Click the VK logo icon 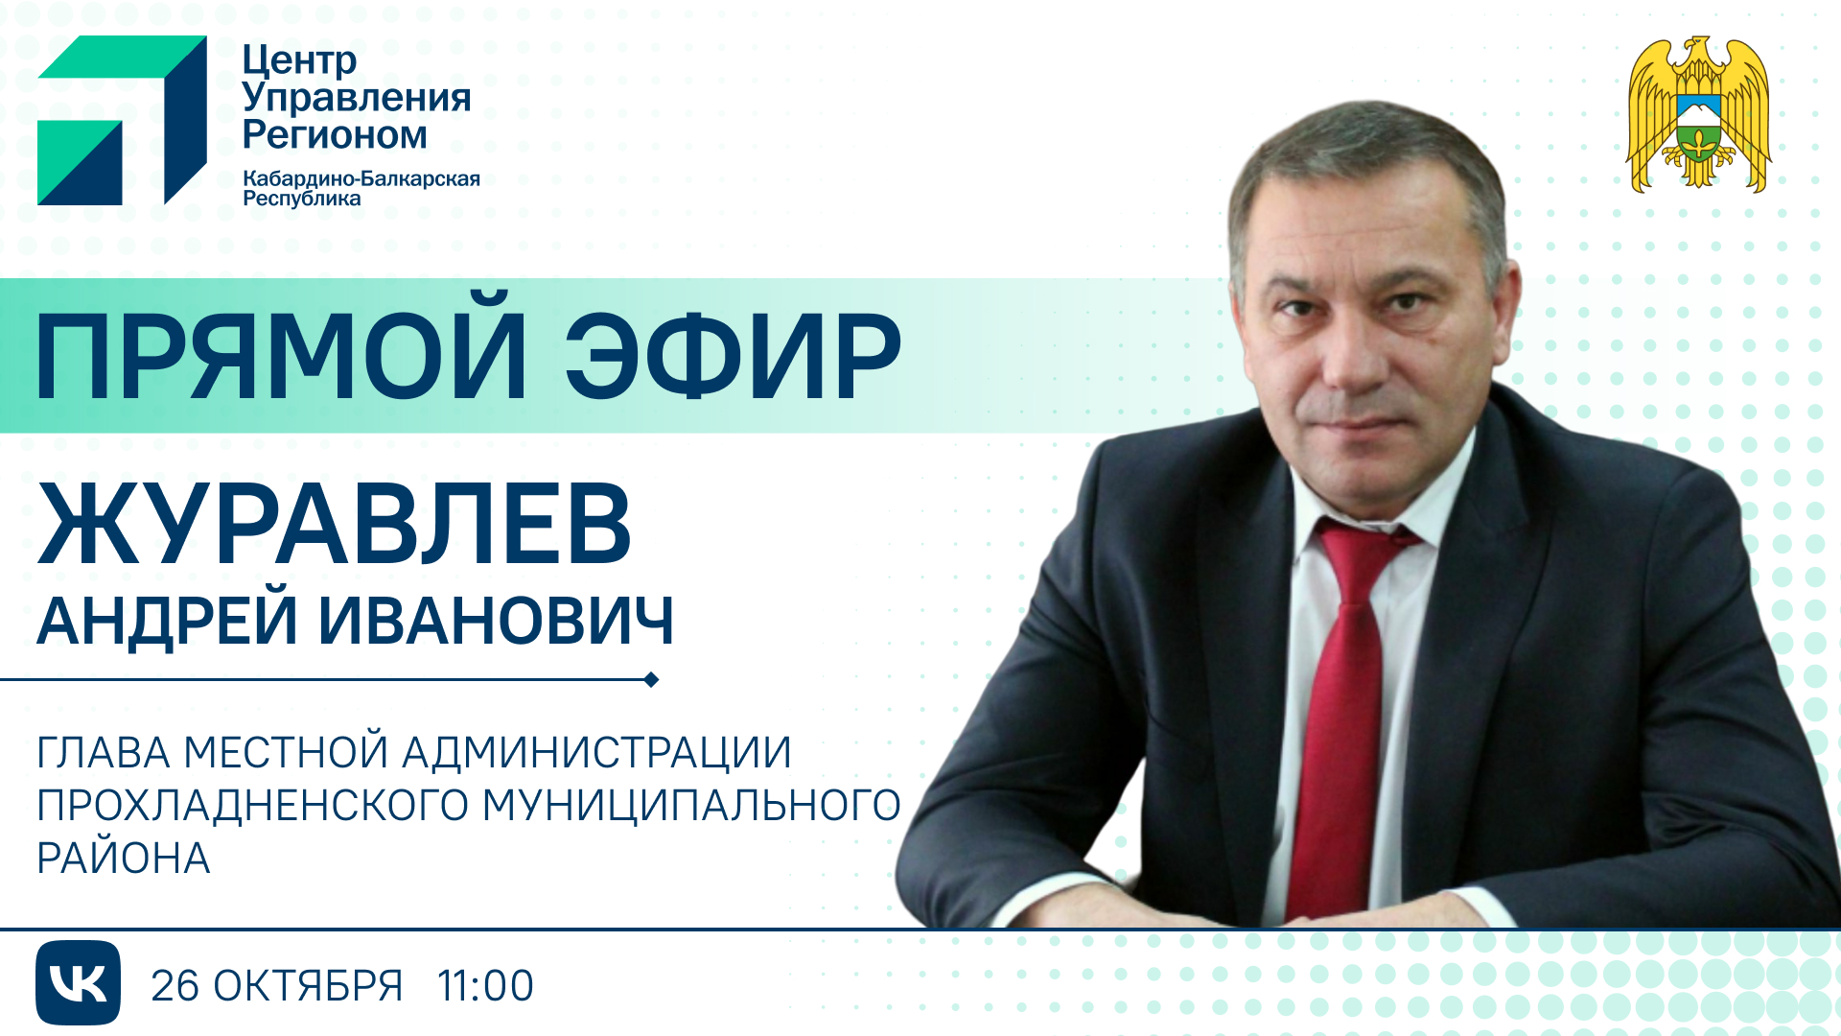78,982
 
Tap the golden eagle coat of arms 1698,115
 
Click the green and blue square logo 122,120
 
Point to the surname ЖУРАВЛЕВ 335,525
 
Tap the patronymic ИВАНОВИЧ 496,621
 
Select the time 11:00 485,986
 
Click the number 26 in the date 175,986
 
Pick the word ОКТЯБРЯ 308,986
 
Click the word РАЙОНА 124,859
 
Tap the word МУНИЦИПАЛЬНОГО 690,806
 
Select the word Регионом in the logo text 335,135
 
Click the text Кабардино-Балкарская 361,179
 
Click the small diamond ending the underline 652,680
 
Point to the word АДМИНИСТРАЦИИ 596,753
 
